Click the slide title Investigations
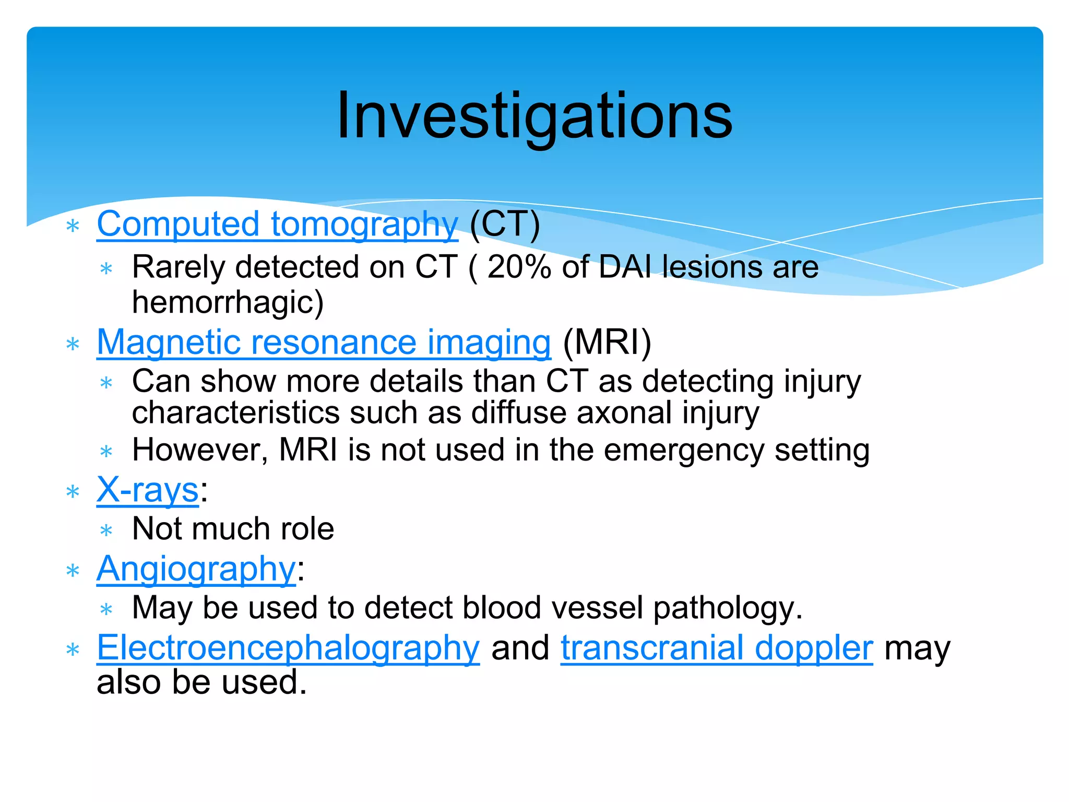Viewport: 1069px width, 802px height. tap(534, 116)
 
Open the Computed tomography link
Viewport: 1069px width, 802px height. tap(277, 225)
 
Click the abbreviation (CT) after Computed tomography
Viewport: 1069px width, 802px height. tap(505, 225)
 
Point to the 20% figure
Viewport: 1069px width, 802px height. tap(519, 267)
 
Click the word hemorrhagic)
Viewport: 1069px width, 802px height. tap(228, 302)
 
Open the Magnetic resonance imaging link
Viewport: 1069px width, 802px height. tap(324, 343)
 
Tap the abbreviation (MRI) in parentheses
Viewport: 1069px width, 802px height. tap(607, 343)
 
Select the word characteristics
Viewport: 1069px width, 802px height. tap(235, 413)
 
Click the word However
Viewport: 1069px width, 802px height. tap(200, 450)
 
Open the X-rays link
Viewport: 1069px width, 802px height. tap(148, 490)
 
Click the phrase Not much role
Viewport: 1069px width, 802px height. tap(233, 529)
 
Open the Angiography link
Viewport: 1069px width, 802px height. tap(196, 569)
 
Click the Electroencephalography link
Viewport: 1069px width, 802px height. tap(288, 648)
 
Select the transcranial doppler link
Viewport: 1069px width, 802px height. tap(717, 648)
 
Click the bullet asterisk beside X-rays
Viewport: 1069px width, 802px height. tap(73, 492)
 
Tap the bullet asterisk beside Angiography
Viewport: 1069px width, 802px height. tap(73, 571)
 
